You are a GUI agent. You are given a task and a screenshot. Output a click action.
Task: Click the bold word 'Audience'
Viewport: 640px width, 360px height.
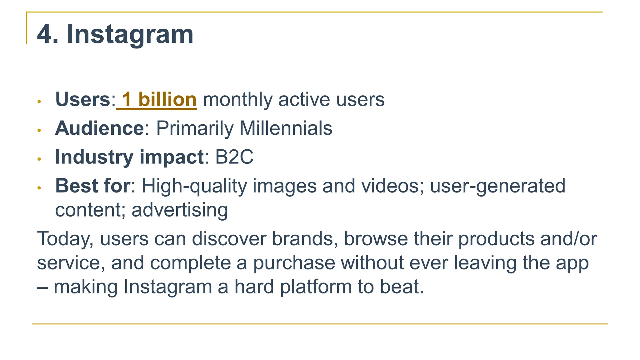pyautogui.click(x=99, y=128)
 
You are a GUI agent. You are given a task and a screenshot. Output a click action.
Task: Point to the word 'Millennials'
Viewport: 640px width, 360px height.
pyautogui.click(x=286, y=128)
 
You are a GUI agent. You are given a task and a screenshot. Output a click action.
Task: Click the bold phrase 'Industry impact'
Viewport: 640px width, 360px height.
pyautogui.click(x=129, y=157)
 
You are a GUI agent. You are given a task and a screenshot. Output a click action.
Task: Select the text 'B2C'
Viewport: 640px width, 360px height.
pyautogui.click(x=234, y=157)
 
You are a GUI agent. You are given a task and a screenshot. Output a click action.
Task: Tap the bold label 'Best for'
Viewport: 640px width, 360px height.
pyautogui.click(x=92, y=186)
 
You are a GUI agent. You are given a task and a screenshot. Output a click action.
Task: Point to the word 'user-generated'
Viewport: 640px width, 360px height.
pyautogui.click(x=497, y=186)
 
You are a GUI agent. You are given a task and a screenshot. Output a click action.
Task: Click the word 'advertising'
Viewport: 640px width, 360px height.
pyautogui.click(x=180, y=210)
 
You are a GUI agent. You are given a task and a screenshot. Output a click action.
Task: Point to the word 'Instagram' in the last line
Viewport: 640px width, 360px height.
pyautogui.click(x=168, y=287)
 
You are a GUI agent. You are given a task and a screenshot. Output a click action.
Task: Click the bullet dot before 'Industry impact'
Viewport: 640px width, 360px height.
pyautogui.click(x=39, y=159)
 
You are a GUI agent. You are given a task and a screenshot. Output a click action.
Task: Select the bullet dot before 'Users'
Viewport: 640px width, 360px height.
pyautogui.click(x=39, y=102)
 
